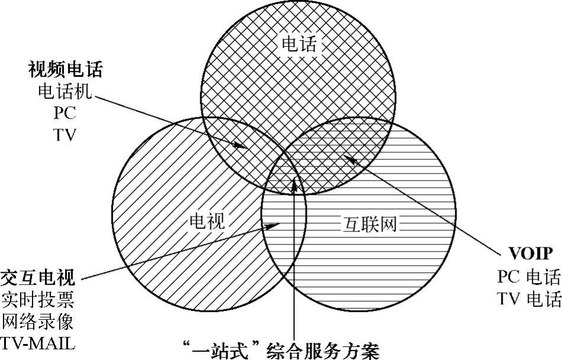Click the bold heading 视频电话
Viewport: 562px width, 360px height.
coord(66,70)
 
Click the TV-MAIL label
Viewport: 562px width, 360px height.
coord(39,343)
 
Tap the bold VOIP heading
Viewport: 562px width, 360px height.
coord(531,255)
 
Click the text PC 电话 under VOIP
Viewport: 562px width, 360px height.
coord(529,277)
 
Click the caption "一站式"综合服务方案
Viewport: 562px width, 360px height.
coord(281,349)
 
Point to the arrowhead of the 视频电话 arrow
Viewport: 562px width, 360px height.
coord(242,145)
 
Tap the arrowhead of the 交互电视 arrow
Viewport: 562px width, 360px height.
coord(275,224)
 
